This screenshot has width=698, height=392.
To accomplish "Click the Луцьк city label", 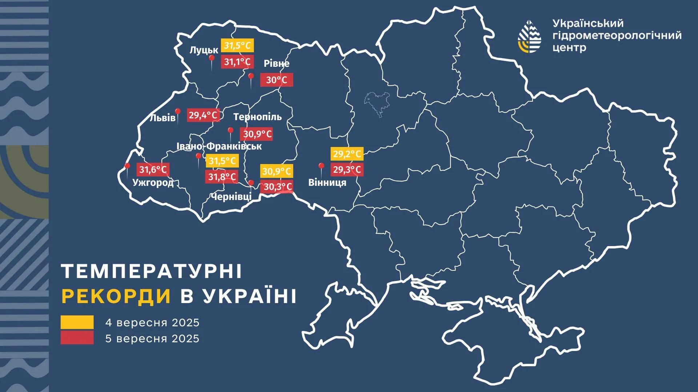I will pos(204,50).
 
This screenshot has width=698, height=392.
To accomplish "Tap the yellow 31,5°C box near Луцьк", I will pos(237,46).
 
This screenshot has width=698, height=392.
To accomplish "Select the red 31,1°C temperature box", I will pos(237,62).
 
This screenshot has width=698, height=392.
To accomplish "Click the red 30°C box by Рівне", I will pos(276,80).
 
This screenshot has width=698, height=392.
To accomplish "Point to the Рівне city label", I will pos(276,64).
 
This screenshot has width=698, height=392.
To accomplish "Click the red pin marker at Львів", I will pos(178,112).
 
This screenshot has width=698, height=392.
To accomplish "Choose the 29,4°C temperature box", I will pos(203,115).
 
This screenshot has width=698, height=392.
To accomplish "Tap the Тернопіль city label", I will pos(257,117).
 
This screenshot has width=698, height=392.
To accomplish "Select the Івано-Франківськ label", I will pos(219,146).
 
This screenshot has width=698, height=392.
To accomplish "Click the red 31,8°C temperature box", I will pos(222,177).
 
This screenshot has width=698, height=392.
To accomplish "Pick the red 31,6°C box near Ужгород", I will pos(153,170).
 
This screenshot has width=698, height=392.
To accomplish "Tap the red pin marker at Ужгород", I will pos(128,167).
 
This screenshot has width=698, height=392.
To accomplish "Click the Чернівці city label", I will pos(231,197).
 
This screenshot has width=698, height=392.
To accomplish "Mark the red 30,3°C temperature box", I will pos(277,187).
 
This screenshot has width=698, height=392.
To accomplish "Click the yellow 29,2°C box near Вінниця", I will pos(347,154).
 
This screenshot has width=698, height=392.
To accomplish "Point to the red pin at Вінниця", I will pos(321,166).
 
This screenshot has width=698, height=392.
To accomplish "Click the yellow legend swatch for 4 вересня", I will pos(77,322).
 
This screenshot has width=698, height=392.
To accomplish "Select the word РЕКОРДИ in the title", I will pos(116,296).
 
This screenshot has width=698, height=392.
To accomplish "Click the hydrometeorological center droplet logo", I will pos(529,36).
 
